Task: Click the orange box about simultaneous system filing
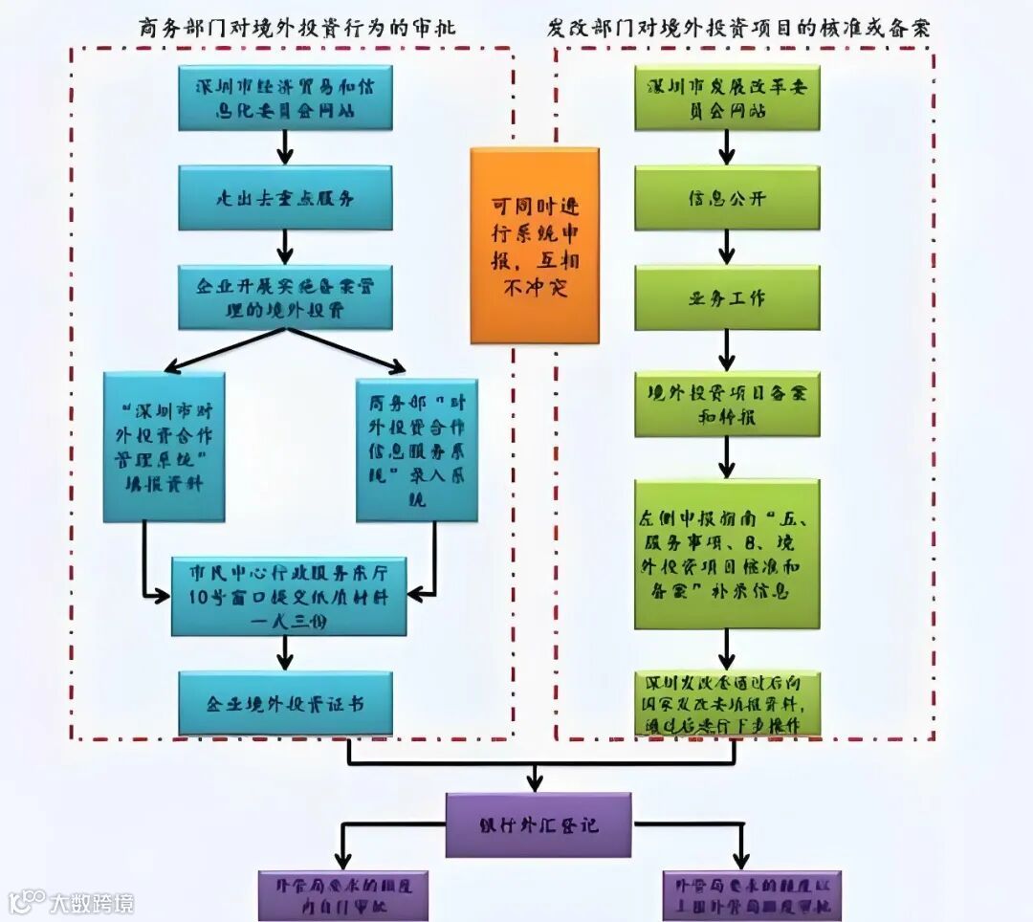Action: click(534, 245)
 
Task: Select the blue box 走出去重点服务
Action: click(285, 198)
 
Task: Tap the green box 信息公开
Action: click(727, 198)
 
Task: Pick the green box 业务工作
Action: click(727, 297)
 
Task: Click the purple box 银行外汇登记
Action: click(538, 823)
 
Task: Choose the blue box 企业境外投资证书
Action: click(285, 703)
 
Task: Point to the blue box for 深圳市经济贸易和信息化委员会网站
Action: click(285, 98)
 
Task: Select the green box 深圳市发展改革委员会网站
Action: click(727, 98)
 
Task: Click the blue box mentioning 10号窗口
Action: click(289, 595)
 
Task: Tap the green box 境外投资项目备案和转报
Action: click(727, 405)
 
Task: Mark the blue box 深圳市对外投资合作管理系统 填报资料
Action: click(164, 447)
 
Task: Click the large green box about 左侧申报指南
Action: click(727, 554)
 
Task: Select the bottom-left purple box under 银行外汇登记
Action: click(342, 895)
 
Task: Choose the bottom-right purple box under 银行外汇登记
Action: click(752, 895)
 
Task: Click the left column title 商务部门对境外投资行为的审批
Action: click(296, 29)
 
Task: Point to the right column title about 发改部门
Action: click(738, 29)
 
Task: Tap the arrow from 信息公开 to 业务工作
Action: click(727, 248)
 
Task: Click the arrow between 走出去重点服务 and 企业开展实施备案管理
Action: click(285, 248)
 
